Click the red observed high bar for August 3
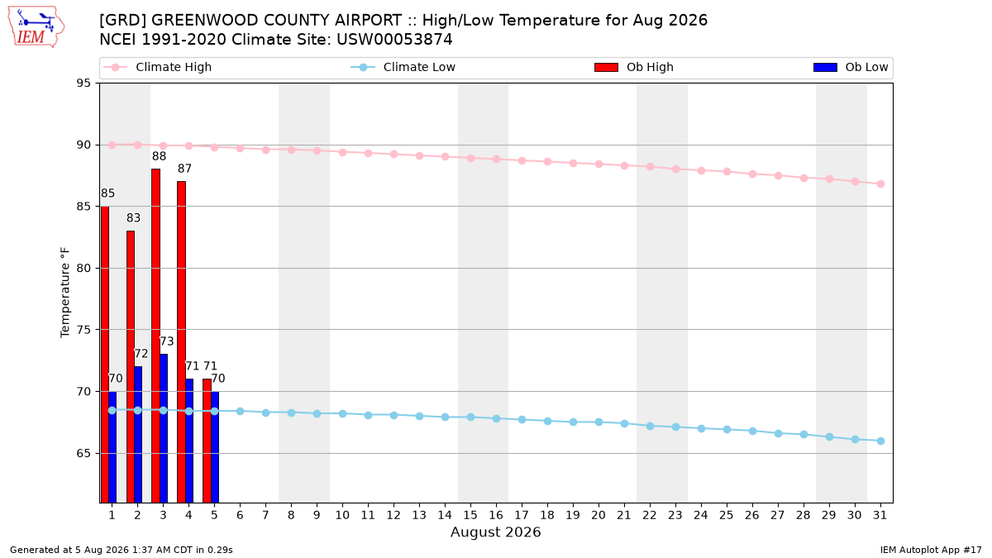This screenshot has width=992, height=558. tap(156, 336)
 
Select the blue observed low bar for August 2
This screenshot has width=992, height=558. tap(138, 435)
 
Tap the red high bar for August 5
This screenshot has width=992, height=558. tap(207, 441)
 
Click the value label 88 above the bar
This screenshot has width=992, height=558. tap(159, 156)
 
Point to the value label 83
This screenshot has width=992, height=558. tap(133, 218)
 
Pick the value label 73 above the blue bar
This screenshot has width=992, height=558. tap(166, 341)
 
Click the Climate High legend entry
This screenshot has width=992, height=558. tap(158, 67)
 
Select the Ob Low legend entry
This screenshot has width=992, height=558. tap(851, 67)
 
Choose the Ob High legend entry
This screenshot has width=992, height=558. tap(634, 67)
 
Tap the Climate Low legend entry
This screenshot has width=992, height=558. tap(403, 67)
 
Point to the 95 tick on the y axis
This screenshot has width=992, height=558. tap(83, 83)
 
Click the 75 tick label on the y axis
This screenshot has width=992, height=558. tap(83, 330)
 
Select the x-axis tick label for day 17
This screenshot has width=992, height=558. tap(522, 515)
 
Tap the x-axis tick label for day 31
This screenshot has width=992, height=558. tap(880, 515)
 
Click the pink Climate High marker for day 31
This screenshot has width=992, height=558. tap(880, 184)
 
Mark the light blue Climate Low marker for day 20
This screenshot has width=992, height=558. tap(599, 422)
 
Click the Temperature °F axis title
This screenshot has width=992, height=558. tap(65, 293)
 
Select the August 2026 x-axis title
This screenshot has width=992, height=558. tap(495, 532)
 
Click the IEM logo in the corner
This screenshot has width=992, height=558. tap(36, 27)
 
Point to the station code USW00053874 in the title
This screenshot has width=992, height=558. tap(394, 40)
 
